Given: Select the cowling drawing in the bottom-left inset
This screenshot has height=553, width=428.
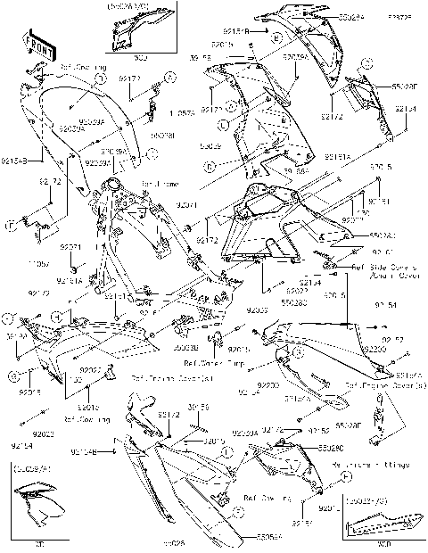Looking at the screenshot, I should (x=37, y=506).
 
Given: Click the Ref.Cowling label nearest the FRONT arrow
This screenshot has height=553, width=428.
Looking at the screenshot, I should (x=80, y=67).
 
